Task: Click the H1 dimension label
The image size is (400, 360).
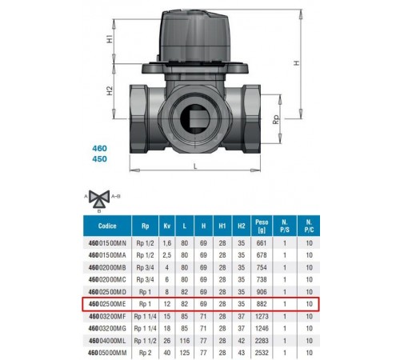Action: coord(110,39)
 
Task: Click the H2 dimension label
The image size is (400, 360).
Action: coord(110,91)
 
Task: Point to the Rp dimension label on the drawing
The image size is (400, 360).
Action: coord(276,119)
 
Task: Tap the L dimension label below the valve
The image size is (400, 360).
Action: coord(195,166)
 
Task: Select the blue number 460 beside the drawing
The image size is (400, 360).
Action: coord(99,148)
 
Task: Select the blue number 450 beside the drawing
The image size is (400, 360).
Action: coord(99,159)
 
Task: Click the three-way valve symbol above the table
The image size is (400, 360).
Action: coord(99,198)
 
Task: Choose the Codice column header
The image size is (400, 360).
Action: coord(107,226)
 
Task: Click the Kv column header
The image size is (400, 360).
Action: coord(167,226)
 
